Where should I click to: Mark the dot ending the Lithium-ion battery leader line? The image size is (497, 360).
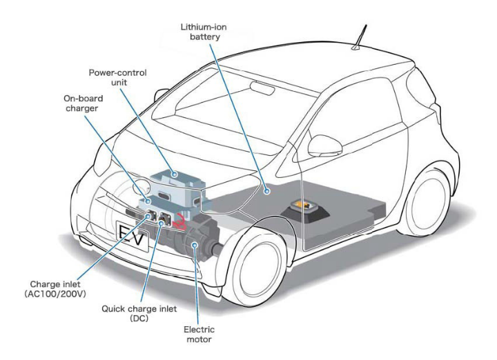[265, 188]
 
